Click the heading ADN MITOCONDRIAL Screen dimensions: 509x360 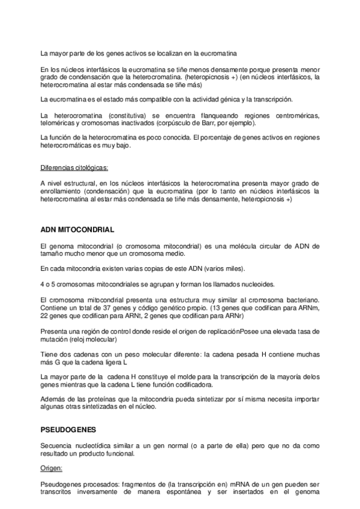[x=77, y=229]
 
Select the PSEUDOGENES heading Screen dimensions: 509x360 [x=68, y=430]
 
